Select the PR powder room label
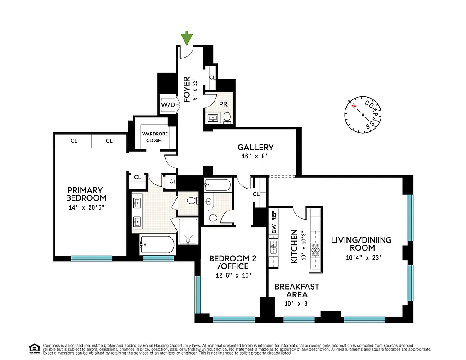point(223,103)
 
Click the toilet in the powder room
point(227,118)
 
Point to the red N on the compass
point(354,106)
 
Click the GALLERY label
point(255,148)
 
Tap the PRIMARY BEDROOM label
point(86,194)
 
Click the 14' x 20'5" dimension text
point(86,208)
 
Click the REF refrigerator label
point(273,215)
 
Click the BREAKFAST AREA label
point(297,290)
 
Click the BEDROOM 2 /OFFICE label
point(229,262)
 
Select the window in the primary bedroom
point(91,258)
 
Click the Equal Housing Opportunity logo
point(34,348)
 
